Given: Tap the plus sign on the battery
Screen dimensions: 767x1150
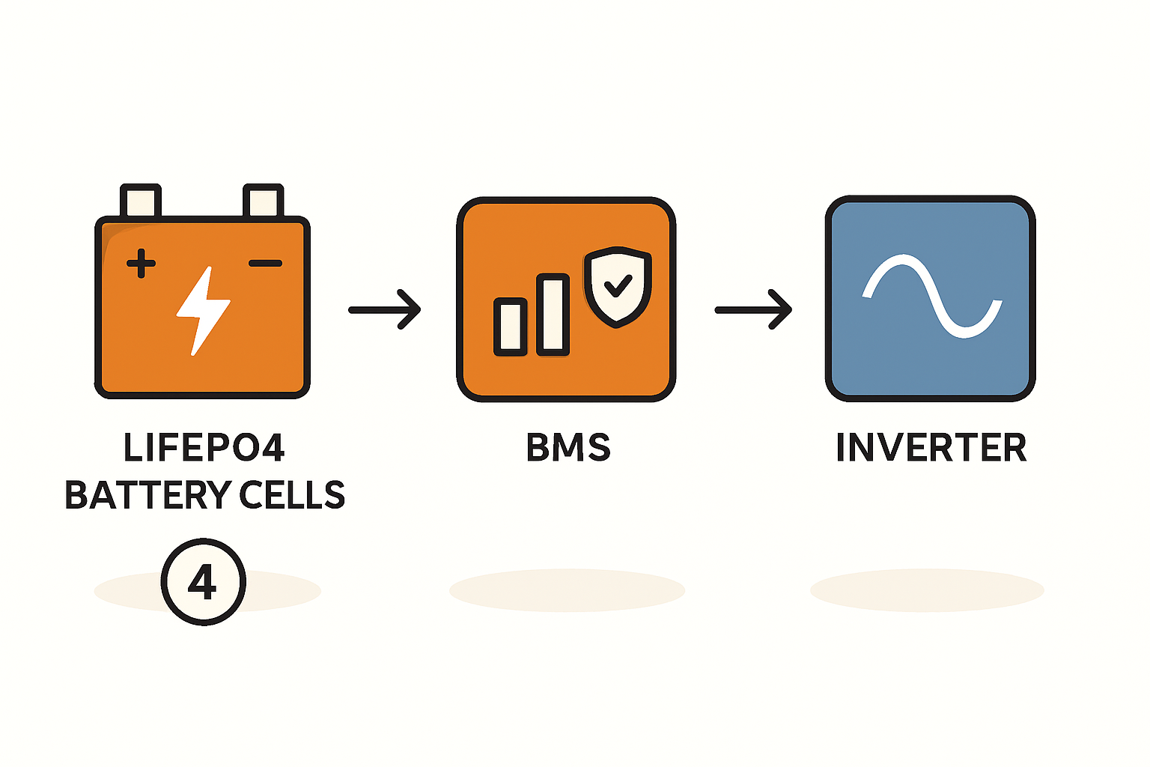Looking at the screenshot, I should coord(141,264).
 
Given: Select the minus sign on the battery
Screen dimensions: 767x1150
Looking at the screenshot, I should coord(265,264).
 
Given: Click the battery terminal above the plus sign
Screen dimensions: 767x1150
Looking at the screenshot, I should coord(141,201).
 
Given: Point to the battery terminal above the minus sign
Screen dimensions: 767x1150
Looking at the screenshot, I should coord(264,201).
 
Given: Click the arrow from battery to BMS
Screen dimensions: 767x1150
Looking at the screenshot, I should coord(385,309).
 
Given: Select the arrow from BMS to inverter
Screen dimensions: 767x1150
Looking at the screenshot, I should coord(753,309).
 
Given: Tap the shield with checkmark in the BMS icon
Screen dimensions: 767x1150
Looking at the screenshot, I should coord(617,289).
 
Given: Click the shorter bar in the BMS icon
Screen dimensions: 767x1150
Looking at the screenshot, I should coord(511,327).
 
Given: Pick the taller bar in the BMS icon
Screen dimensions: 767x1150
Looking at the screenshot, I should coord(553,314).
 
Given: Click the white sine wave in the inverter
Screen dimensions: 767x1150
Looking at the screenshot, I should coord(931,296).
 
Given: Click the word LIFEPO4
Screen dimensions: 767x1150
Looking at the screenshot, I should coord(204,448).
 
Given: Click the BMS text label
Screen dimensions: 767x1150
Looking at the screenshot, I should coord(568,448).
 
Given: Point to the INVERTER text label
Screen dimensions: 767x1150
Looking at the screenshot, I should coord(931,448).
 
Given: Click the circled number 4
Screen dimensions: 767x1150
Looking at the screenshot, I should coord(203,581).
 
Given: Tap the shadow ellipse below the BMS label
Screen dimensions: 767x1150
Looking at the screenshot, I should coord(567,590).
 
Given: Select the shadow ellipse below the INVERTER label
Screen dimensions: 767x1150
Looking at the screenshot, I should coord(927,590).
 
